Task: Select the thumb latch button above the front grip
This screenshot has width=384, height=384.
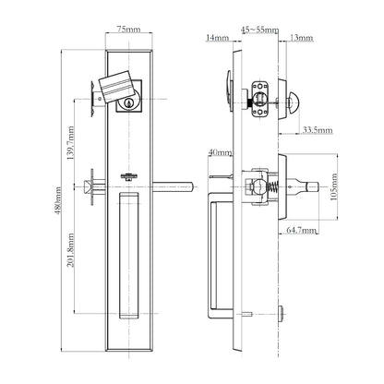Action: tap(128, 173)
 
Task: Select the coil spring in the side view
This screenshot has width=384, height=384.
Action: tap(273, 186)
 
